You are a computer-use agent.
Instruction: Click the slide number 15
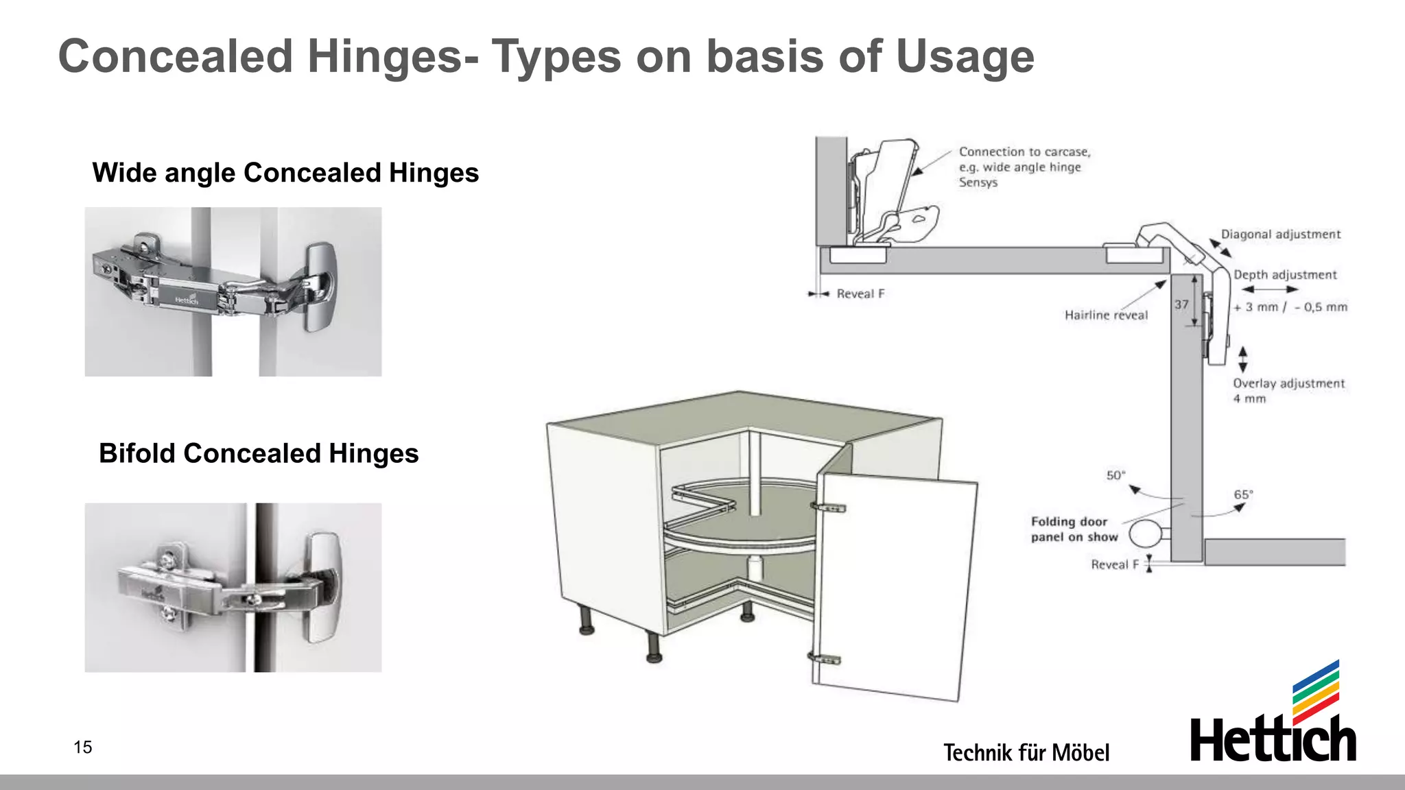pos(82,747)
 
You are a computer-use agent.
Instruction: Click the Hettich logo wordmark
pos(1273,740)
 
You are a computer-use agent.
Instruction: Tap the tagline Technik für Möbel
pos(1026,752)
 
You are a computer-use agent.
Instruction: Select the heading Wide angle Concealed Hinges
pos(285,173)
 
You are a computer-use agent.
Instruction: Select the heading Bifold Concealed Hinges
pos(259,453)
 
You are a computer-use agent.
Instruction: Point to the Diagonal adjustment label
pos(1280,235)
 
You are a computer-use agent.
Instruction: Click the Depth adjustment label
pos(1285,275)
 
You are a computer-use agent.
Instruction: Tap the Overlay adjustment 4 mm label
pos(1288,390)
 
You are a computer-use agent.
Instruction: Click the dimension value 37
pos(1181,304)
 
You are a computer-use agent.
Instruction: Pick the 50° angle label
pos(1115,475)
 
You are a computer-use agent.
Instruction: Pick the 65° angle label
pos(1243,494)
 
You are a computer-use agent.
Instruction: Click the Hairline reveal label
pos(1106,315)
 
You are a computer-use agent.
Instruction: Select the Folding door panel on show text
pos(1074,529)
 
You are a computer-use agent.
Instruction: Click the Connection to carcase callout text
pos(1024,167)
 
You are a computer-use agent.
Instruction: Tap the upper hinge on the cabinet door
pos(829,508)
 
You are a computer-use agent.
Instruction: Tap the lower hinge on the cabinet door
pos(825,660)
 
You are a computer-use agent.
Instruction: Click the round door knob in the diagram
pos(1144,534)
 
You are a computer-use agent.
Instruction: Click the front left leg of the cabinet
pos(653,647)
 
